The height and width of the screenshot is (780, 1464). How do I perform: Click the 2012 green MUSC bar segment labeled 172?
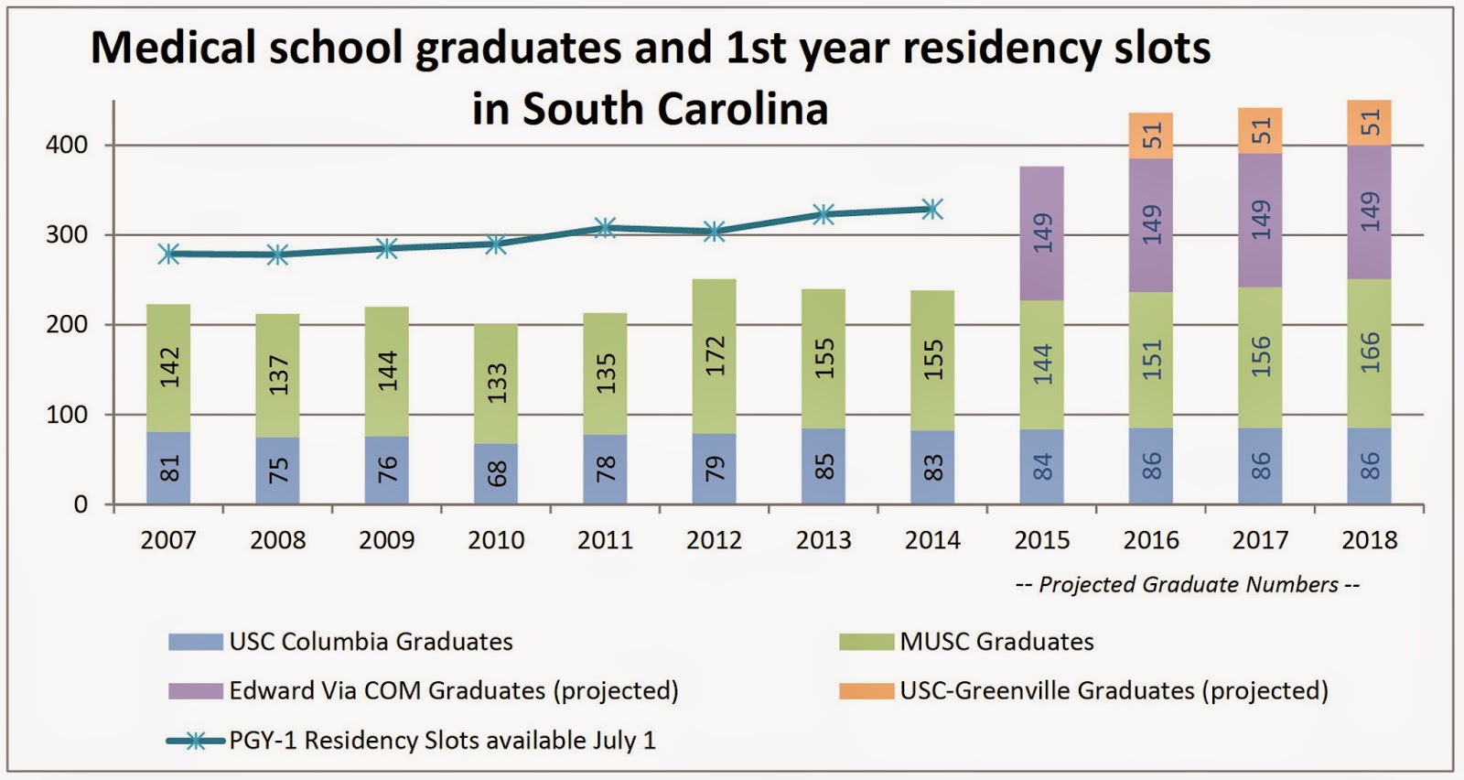pyautogui.click(x=715, y=357)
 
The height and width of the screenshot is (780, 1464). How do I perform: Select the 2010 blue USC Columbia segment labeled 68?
pyautogui.click(x=496, y=474)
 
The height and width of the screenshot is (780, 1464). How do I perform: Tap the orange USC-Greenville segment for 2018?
pyautogui.click(x=1369, y=123)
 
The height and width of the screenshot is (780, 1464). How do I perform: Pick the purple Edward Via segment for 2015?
pyautogui.click(x=1042, y=233)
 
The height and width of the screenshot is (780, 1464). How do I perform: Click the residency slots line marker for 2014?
pyautogui.click(x=932, y=209)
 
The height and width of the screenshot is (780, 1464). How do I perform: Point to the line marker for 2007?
pyautogui.click(x=168, y=255)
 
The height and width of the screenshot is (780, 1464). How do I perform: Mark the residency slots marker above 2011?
pyautogui.click(x=605, y=228)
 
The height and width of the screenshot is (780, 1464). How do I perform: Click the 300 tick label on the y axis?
pyautogui.click(x=67, y=235)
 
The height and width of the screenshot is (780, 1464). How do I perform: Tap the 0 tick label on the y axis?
pyautogui.click(x=81, y=504)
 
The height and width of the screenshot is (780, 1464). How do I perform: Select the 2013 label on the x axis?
pyautogui.click(x=823, y=540)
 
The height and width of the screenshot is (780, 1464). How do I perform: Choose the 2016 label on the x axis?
pyautogui.click(x=1151, y=540)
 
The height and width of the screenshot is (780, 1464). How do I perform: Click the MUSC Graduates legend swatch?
pyautogui.click(x=866, y=642)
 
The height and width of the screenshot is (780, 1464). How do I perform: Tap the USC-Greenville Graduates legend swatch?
pyautogui.click(x=866, y=690)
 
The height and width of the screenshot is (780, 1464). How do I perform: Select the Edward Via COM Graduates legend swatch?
pyautogui.click(x=195, y=690)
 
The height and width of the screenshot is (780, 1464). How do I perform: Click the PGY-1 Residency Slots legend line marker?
pyautogui.click(x=195, y=741)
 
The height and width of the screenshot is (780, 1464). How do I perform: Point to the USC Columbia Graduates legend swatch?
pyautogui.click(x=195, y=642)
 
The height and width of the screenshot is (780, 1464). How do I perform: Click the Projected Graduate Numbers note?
pyautogui.click(x=1188, y=584)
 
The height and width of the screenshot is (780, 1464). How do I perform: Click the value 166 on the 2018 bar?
pyautogui.click(x=1370, y=353)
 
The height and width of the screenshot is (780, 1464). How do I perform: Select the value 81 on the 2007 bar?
pyautogui.click(x=169, y=469)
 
